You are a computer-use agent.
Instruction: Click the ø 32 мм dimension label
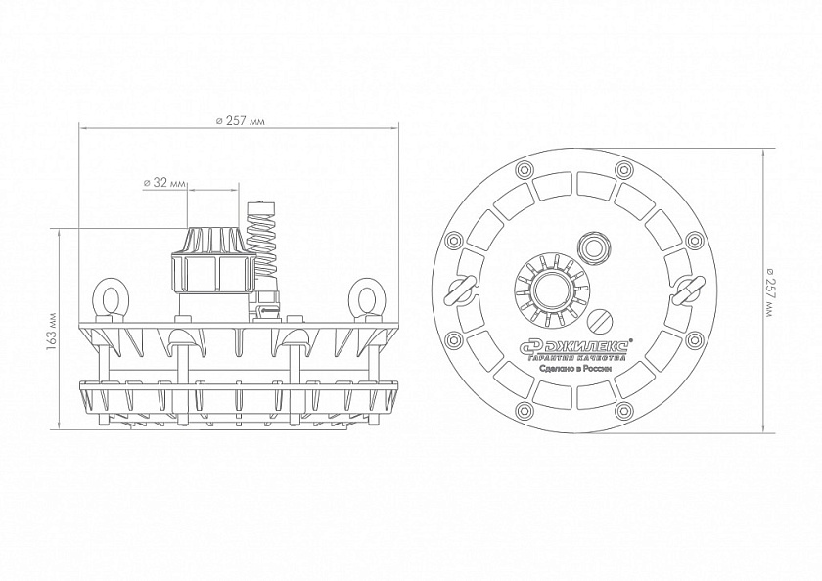164,183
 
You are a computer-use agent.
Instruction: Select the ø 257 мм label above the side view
240,121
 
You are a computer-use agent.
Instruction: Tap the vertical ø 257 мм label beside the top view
769,291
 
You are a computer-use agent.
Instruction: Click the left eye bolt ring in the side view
109,299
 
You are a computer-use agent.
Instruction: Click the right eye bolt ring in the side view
366,299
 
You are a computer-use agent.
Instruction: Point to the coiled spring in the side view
261,238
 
